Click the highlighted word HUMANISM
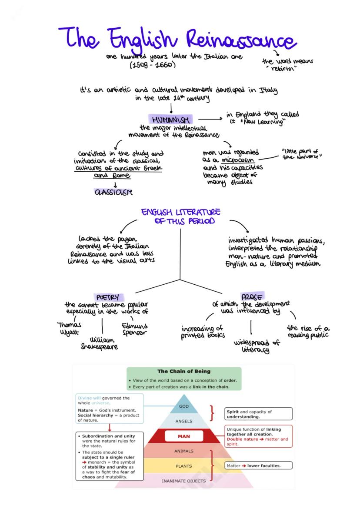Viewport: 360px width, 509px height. click(171, 119)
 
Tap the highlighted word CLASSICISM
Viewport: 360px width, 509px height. click(113, 192)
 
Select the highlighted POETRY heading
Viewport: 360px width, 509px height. click(107, 297)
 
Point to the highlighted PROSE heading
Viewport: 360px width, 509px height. click(252, 296)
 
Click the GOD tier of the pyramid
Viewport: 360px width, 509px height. click(184, 406)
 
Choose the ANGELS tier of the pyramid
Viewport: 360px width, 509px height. click(184, 421)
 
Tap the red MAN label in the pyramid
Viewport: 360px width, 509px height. click(184, 436)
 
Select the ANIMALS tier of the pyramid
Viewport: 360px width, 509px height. click(184, 451)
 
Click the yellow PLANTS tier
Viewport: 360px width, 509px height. click(184, 466)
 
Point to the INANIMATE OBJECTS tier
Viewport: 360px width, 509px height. click(184, 481)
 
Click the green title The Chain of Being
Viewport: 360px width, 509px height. click(184, 371)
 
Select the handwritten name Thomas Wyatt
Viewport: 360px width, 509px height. click(69, 328)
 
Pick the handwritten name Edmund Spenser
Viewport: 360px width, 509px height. click(134, 329)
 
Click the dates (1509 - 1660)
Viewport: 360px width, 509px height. click(152, 65)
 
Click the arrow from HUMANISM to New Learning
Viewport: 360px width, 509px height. click(210, 119)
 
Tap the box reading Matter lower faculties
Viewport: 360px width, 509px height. click(258, 466)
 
